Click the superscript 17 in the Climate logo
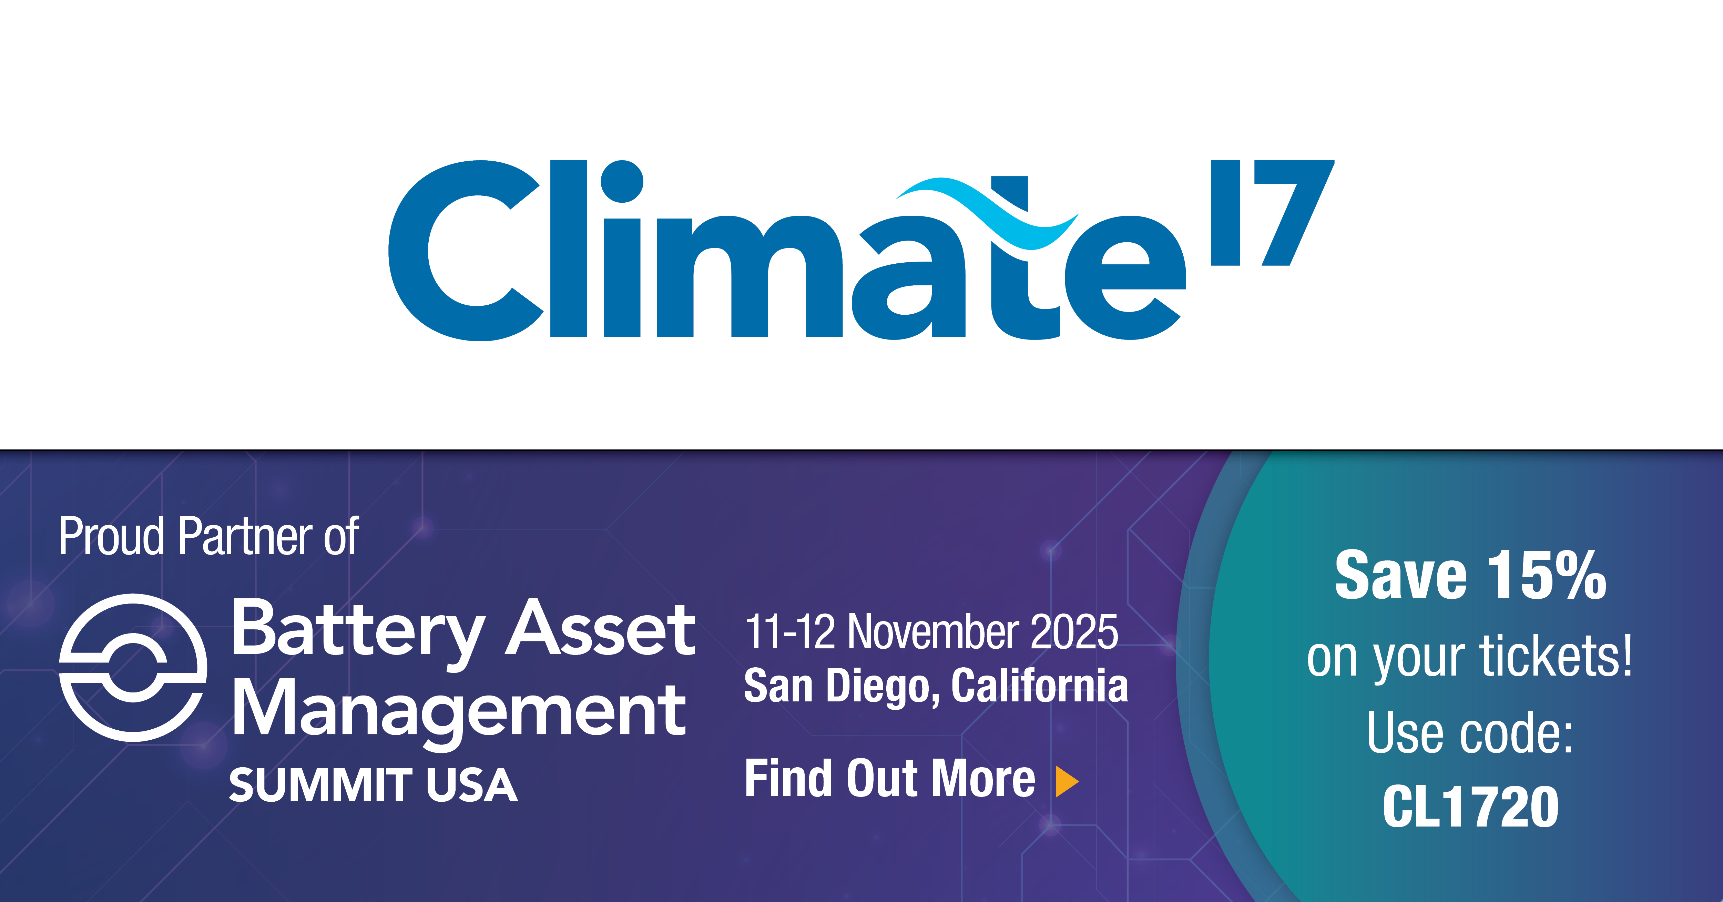click(x=1271, y=213)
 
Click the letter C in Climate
click(x=466, y=250)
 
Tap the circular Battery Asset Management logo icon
click(x=133, y=668)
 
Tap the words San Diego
click(x=843, y=687)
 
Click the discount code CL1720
click(x=1471, y=806)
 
